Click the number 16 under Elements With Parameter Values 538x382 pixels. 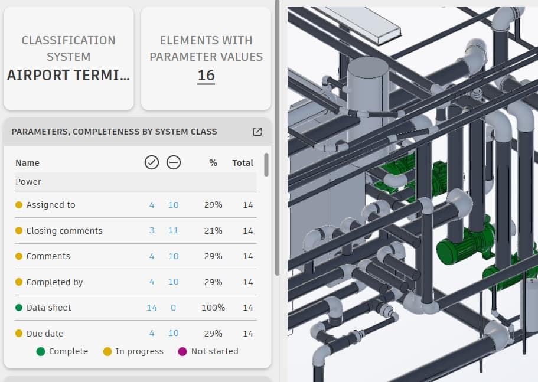click(x=206, y=76)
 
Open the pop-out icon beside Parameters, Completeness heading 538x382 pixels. click(x=257, y=132)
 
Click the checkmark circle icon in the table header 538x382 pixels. click(x=152, y=162)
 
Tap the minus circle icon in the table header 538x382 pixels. click(x=174, y=162)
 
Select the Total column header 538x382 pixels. click(x=243, y=163)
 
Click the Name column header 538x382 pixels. click(x=27, y=163)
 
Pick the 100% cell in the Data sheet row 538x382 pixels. click(x=213, y=308)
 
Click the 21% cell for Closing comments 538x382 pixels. click(x=213, y=231)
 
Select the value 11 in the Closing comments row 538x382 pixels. click(x=173, y=230)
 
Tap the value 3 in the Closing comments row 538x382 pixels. click(x=152, y=230)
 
